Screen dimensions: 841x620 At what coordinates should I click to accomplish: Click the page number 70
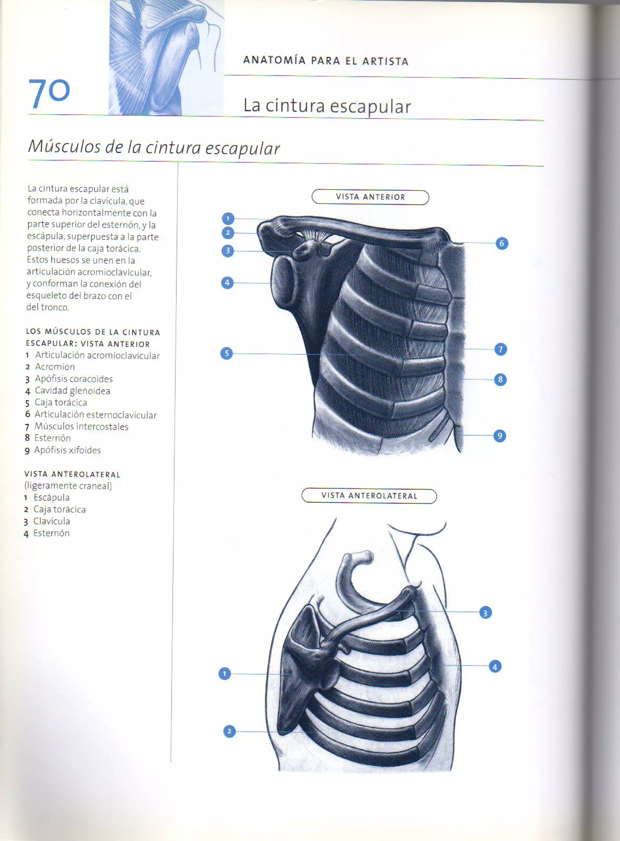tap(49, 93)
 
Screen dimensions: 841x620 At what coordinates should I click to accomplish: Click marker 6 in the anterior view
tap(502, 243)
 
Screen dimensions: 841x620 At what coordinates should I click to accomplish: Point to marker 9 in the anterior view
tap(500, 435)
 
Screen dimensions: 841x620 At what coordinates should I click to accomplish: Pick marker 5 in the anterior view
tap(226, 353)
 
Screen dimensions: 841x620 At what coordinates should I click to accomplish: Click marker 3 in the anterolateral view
tap(485, 613)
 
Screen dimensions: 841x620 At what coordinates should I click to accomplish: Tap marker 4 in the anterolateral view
tap(495, 667)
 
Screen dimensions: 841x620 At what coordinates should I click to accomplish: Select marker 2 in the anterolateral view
tap(229, 731)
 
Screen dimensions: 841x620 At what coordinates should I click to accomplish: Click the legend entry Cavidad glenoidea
tap(72, 391)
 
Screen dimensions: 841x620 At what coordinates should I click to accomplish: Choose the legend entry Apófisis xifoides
tap(67, 450)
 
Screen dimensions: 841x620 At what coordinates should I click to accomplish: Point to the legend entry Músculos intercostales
tap(81, 426)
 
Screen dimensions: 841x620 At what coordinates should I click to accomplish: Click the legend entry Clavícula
tap(51, 521)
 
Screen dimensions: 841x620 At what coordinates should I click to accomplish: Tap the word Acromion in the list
tap(55, 367)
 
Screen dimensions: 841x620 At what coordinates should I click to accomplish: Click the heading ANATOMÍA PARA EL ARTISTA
tap(326, 61)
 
